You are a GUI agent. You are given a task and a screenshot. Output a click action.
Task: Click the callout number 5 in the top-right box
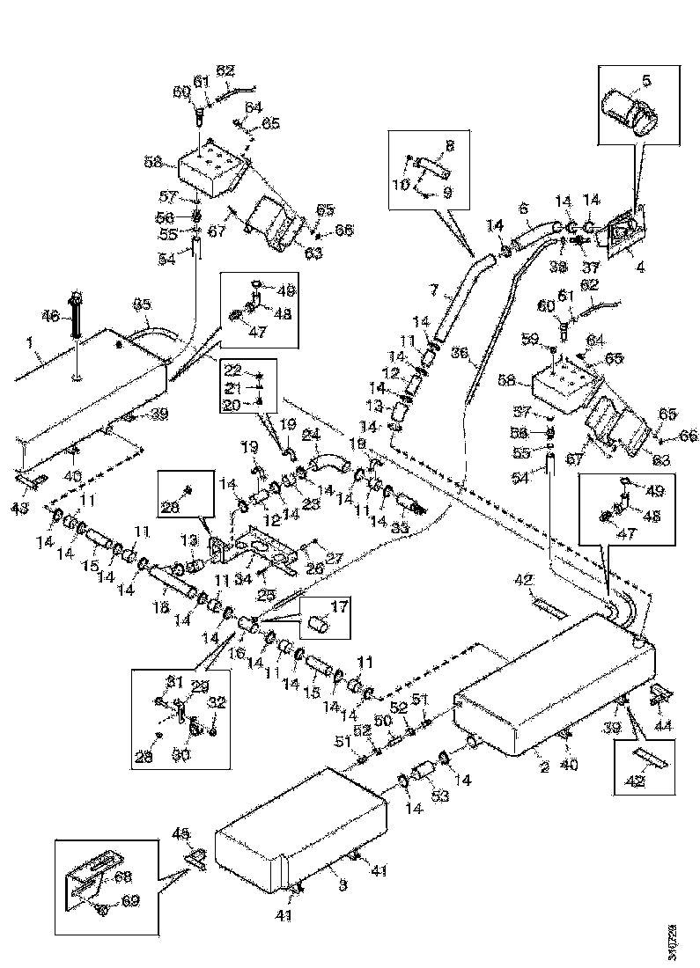[x=645, y=82]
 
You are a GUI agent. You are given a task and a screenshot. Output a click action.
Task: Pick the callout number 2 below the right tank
[x=544, y=766]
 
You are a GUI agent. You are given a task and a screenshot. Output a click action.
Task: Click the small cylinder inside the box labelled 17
[x=320, y=626]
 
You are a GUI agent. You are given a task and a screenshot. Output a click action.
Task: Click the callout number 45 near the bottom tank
[x=182, y=832]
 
